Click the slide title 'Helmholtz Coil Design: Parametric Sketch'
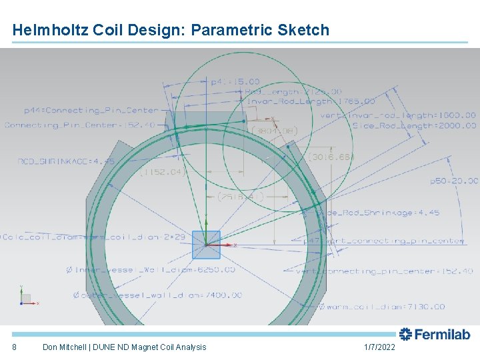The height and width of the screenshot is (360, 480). [171, 30]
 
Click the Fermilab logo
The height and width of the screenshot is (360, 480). [434, 334]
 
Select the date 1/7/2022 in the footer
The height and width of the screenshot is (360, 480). [379, 347]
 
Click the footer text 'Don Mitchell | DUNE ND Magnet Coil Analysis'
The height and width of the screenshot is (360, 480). [124, 347]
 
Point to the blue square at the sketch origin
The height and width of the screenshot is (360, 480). [206, 245]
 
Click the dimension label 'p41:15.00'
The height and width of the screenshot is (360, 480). [235, 82]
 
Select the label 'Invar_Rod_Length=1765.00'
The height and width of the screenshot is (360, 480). [311, 101]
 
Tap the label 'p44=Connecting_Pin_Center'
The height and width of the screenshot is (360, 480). [92, 110]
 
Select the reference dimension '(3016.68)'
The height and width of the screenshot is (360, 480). [331, 157]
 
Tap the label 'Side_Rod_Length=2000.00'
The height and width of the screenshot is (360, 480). [414, 125]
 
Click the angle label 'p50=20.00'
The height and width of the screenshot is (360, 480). [454, 181]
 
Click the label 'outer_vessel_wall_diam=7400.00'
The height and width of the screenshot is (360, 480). [159, 295]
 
